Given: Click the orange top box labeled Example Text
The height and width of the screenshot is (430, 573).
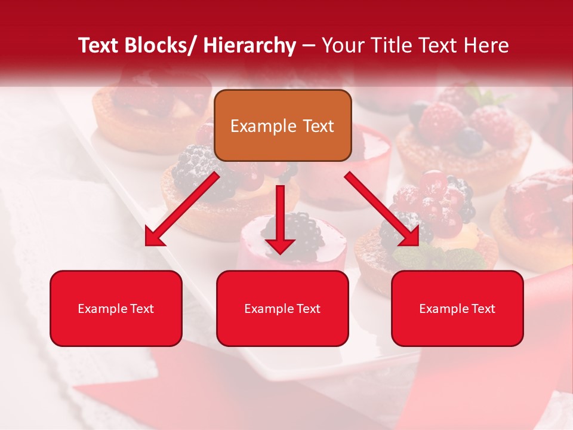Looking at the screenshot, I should tap(282, 125).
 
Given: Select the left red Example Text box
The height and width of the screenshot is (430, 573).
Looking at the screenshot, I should tap(116, 308).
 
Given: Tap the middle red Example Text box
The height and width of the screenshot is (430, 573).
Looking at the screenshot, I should tap(282, 308).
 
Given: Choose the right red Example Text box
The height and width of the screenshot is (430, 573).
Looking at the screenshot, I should tap(457, 308).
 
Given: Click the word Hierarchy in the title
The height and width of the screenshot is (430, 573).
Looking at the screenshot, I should tap(249, 45).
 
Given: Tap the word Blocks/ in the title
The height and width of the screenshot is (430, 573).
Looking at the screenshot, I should tap(161, 45).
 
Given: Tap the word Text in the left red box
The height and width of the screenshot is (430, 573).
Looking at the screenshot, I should tap(141, 309).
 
